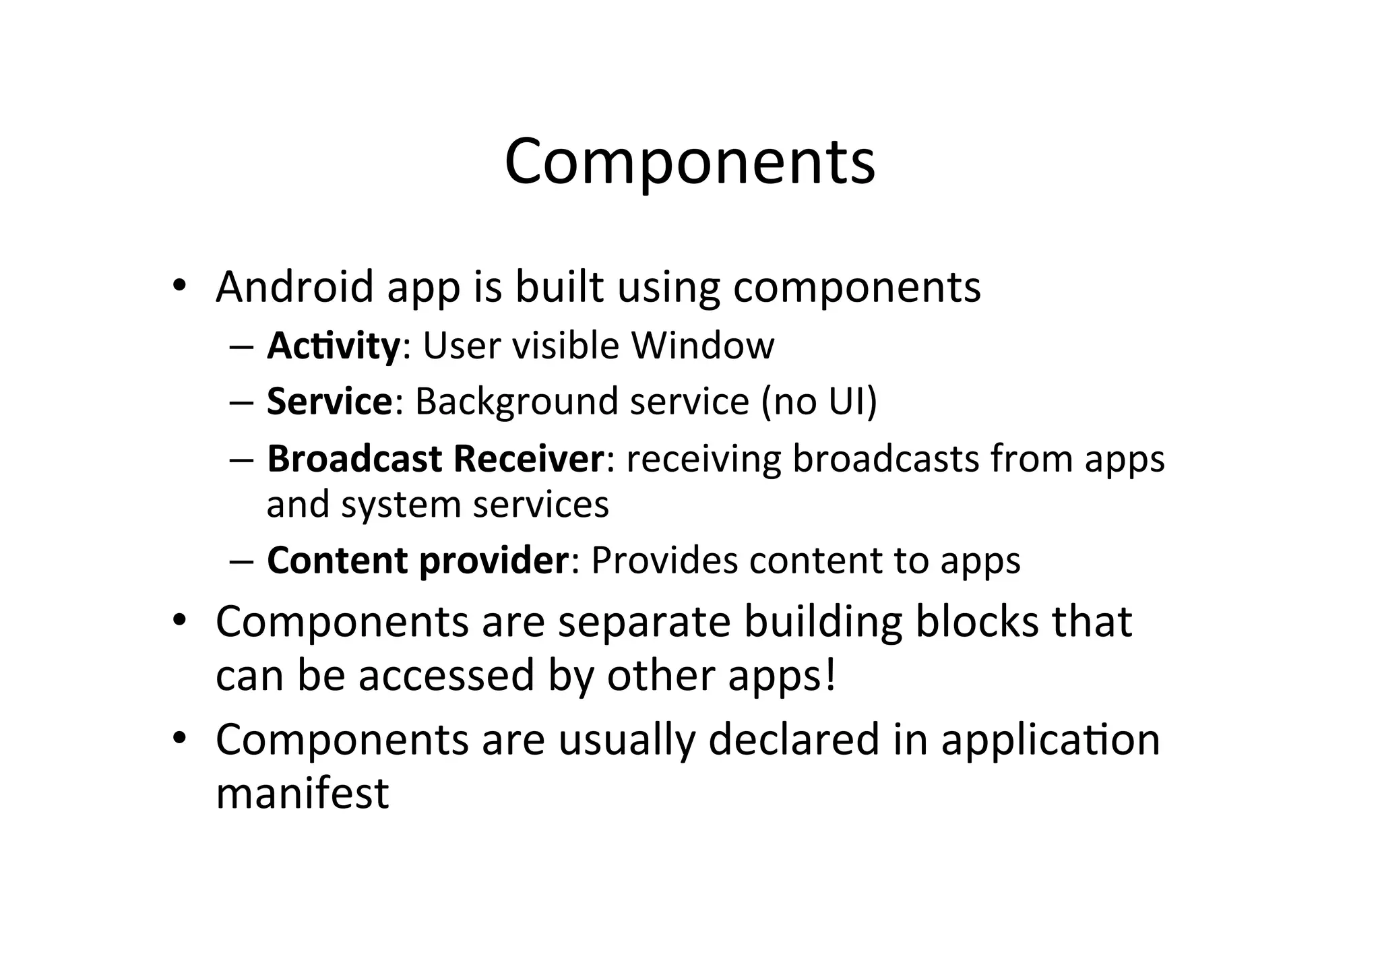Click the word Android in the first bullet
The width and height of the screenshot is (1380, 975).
[x=294, y=287]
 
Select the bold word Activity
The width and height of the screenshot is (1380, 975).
[x=334, y=346]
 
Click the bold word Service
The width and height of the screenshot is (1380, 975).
[x=329, y=402]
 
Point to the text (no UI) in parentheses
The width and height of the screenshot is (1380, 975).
[x=819, y=402]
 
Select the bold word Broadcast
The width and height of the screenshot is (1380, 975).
[x=354, y=459]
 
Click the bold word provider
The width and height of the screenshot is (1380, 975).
[x=494, y=561]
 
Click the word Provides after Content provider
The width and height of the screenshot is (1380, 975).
[x=664, y=561]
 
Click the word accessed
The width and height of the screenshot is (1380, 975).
[x=446, y=676]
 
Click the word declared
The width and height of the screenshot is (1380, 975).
[x=794, y=740]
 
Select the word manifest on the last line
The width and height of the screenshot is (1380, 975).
[x=302, y=794]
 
